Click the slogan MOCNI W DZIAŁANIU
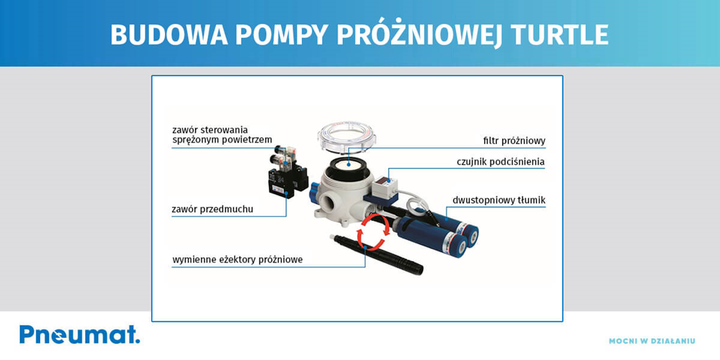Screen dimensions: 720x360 point(652,341)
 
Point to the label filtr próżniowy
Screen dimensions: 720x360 point(511,141)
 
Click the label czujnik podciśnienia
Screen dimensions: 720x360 point(501,161)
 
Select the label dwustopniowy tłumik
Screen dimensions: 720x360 point(499,200)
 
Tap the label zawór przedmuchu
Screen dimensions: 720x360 point(212,210)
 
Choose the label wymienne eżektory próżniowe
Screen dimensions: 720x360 point(237,260)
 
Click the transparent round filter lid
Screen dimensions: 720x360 point(347,136)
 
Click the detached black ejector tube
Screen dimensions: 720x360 point(377,255)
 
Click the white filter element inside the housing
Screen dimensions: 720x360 point(349,163)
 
